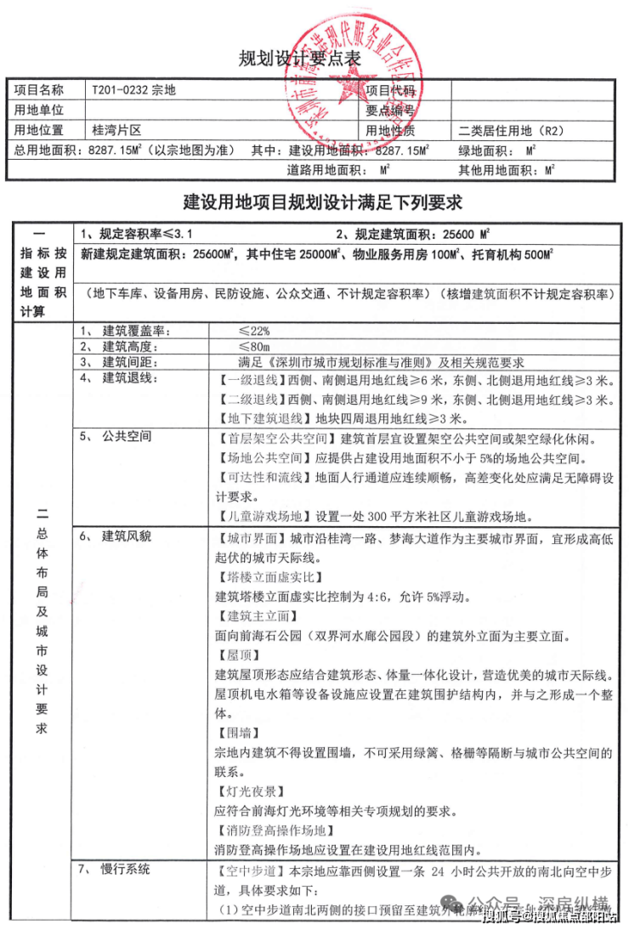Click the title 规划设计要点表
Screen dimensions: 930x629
coord(300,60)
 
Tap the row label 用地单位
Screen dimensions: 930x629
coord(39,110)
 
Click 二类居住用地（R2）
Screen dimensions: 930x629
coord(511,131)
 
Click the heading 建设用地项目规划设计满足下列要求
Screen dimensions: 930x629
coord(323,203)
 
